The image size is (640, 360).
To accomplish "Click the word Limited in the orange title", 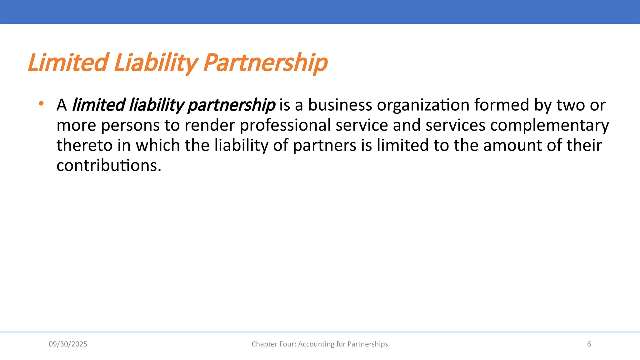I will pyautogui.click(x=68, y=62).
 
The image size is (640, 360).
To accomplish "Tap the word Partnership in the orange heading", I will pyautogui.click(x=266, y=62).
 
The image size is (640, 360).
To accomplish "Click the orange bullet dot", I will pyautogui.click(x=41, y=103).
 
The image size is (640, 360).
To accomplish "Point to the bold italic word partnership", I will pyautogui.click(x=232, y=105).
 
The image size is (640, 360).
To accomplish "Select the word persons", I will pyautogui.click(x=130, y=125).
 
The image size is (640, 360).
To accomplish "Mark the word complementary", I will pyautogui.click(x=549, y=125).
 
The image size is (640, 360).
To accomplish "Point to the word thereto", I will pyautogui.click(x=84, y=145).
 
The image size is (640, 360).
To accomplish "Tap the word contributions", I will pyautogui.click(x=108, y=165).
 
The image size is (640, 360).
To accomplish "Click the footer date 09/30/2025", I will pyautogui.click(x=68, y=344).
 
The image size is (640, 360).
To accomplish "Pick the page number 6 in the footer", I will pyautogui.click(x=589, y=344).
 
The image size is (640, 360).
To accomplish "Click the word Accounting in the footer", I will pyautogui.click(x=316, y=344).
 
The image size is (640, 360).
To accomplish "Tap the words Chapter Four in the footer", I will pyautogui.click(x=273, y=344).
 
